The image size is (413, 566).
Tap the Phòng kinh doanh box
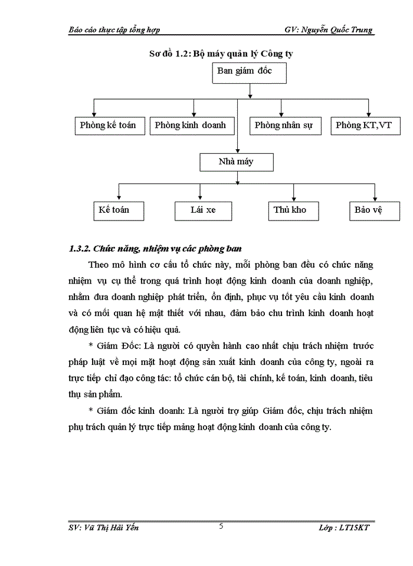point(190,126)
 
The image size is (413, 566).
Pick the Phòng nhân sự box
point(284,126)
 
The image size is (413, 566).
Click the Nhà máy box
point(237,162)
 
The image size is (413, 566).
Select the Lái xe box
point(203,210)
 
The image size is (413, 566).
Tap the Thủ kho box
point(290,210)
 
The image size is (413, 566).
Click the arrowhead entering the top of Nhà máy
point(237,150)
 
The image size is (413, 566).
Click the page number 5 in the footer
point(221,526)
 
